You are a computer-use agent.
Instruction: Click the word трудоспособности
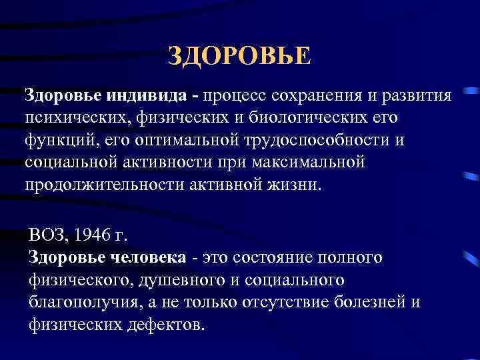tap(329, 140)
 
